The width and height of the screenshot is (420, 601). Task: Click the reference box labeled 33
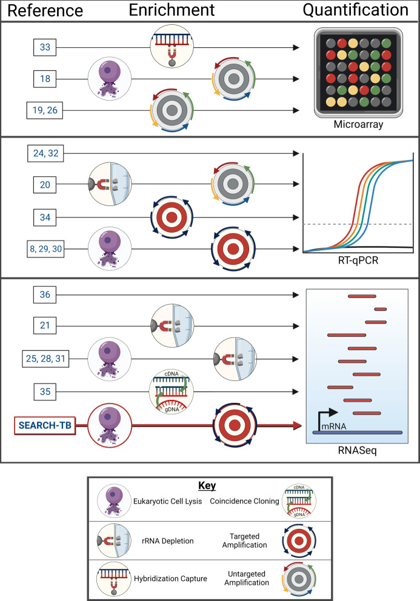tap(44, 47)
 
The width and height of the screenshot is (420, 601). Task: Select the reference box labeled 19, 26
tap(44, 110)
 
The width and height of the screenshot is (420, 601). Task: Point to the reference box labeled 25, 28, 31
tap(44, 359)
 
